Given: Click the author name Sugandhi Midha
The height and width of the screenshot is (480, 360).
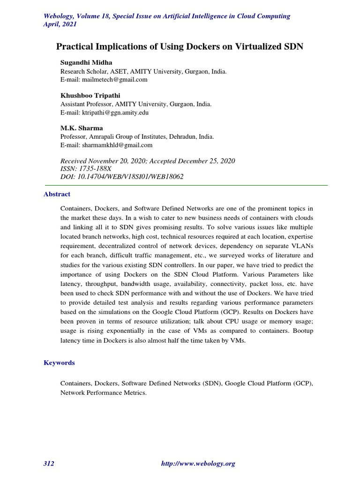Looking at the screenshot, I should coord(87,62).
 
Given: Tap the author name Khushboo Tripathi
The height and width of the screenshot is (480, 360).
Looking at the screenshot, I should coord(90,96).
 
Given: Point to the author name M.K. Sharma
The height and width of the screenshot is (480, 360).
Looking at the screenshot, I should coord(81,128).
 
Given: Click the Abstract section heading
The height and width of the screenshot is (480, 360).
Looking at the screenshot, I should coord(57,194).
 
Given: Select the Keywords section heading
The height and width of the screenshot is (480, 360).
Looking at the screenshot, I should coord(59,363).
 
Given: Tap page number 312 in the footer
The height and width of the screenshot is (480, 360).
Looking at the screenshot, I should coord(49,464).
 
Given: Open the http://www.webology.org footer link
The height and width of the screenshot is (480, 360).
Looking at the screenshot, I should coord(198,464).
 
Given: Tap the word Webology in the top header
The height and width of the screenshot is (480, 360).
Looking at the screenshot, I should coord(60,16).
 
